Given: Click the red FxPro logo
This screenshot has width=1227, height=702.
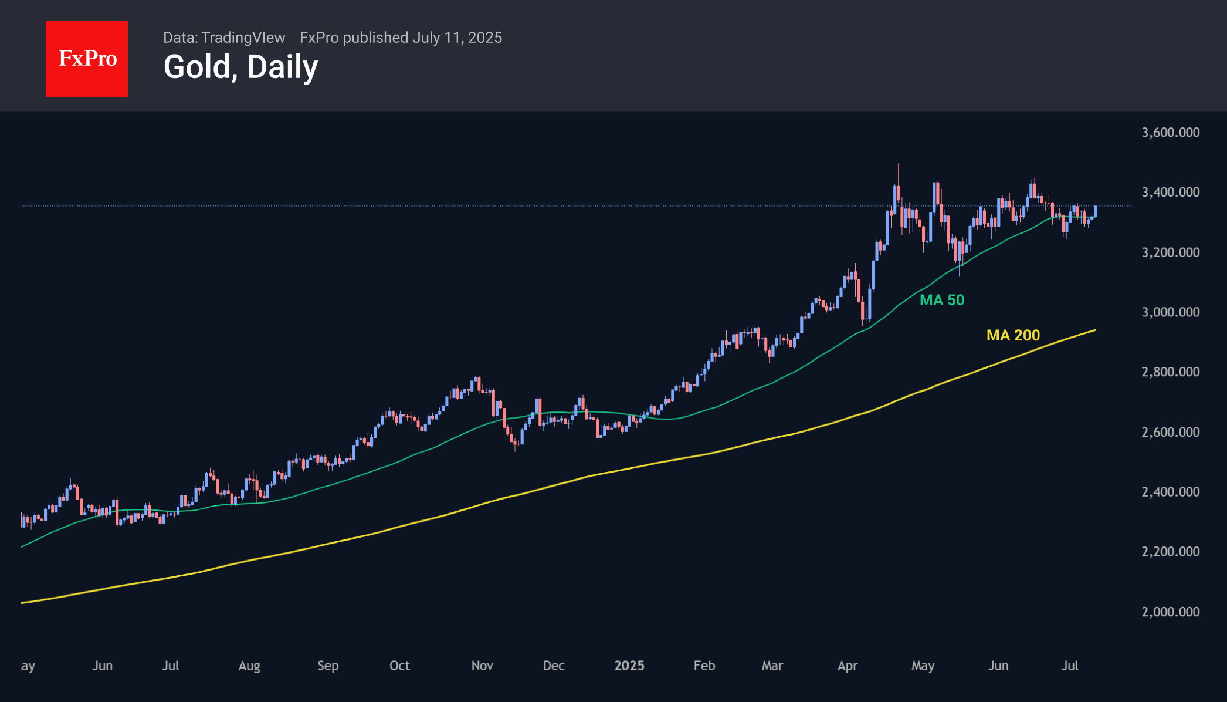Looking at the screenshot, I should [x=87, y=59].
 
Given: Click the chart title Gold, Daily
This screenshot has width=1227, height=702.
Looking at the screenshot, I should [x=240, y=67].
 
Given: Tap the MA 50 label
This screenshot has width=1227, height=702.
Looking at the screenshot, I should [x=941, y=300].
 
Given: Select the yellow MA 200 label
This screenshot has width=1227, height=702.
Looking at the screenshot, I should [x=1013, y=335].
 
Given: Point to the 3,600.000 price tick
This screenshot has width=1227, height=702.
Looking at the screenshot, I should [x=1170, y=132].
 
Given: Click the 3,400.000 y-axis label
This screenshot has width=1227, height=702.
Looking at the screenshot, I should [x=1170, y=192].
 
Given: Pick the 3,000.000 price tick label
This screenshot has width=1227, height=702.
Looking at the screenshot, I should [x=1170, y=312].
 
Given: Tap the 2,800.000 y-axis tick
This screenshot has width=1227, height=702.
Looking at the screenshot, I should [x=1170, y=372].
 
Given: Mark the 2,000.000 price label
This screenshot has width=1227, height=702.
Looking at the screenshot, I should [x=1170, y=612].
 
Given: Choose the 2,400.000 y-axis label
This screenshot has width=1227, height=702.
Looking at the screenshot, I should [x=1170, y=492].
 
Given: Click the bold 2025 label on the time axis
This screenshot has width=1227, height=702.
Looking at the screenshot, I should [x=629, y=666].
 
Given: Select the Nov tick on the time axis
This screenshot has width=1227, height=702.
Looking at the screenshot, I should [x=482, y=666].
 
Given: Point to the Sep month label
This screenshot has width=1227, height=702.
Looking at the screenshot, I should [x=328, y=666].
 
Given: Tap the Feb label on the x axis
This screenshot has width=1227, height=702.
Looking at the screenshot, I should [x=704, y=666].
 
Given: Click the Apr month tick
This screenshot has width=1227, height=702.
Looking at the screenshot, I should [x=848, y=666].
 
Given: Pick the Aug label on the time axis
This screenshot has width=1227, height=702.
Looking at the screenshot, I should [x=249, y=666].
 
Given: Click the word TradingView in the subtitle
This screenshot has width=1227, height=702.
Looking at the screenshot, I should [x=243, y=38].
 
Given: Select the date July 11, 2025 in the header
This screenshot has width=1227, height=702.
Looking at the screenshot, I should [x=457, y=38].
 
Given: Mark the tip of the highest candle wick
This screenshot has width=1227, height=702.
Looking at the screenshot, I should [x=898, y=164].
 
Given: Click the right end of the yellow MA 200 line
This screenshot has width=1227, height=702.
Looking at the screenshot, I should [x=1095, y=330].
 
